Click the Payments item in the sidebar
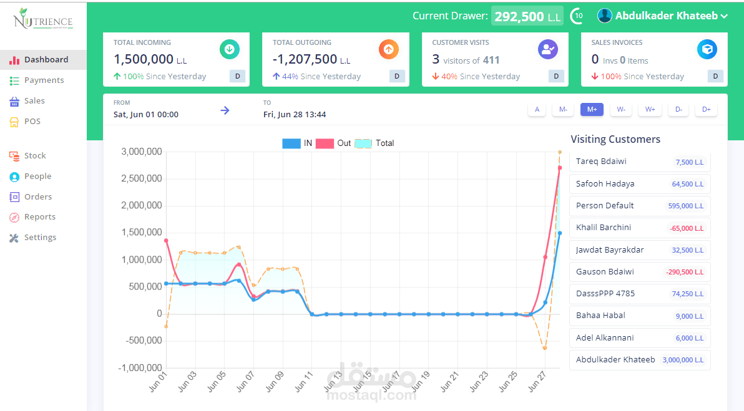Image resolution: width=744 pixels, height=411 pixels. (44, 80)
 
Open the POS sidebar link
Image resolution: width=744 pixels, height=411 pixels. (32, 122)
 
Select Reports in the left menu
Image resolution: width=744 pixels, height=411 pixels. (39, 217)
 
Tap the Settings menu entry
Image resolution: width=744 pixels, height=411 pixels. (40, 238)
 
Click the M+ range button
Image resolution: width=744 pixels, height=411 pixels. (592, 110)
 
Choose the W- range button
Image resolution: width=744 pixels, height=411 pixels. (621, 110)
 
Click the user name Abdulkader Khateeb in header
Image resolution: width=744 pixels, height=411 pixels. (666, 16)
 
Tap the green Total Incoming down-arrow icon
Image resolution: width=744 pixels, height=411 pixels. (229, 49)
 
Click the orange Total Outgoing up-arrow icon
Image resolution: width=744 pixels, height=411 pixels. (389, 49)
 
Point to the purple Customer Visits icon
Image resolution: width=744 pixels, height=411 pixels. (548, 49)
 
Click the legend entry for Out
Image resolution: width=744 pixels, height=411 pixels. (334, 143)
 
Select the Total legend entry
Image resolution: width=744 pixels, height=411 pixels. (374, 143)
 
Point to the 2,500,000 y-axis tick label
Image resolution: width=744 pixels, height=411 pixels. (142, 179)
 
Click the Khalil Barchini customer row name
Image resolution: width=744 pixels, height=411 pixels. (604, 228)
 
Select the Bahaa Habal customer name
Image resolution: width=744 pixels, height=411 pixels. (600, 316)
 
